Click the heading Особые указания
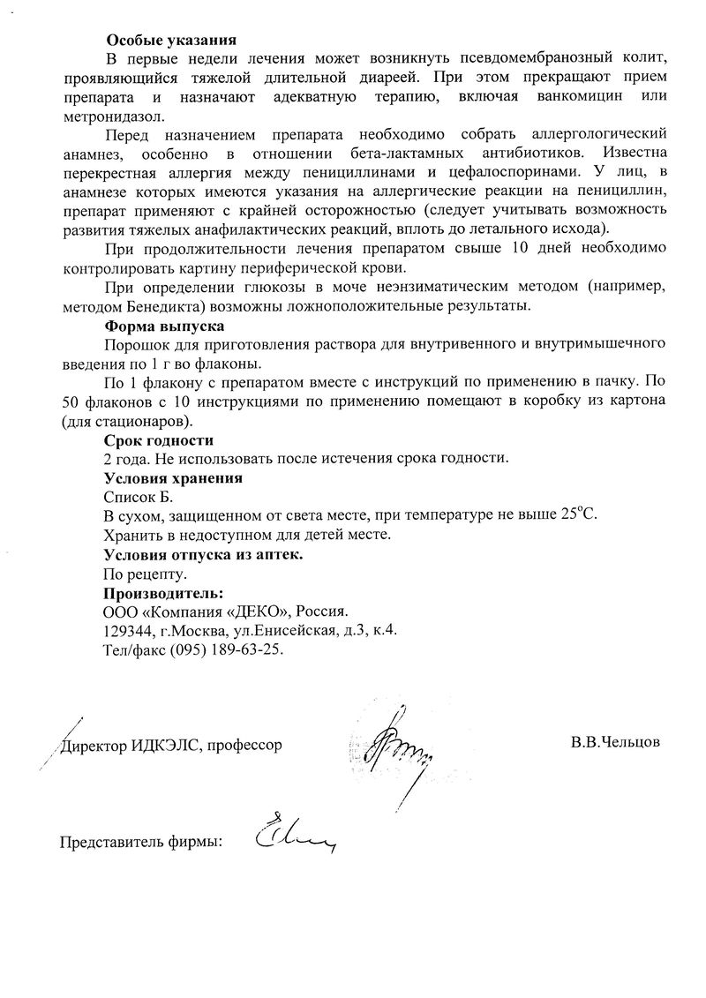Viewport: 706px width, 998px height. click(171, 40)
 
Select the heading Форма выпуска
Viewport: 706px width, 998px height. click(164, 325)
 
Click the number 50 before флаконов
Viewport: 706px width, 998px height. click(71, 400)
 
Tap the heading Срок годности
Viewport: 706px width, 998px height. click(159, 439)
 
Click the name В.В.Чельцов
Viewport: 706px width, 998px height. click(615, 742)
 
